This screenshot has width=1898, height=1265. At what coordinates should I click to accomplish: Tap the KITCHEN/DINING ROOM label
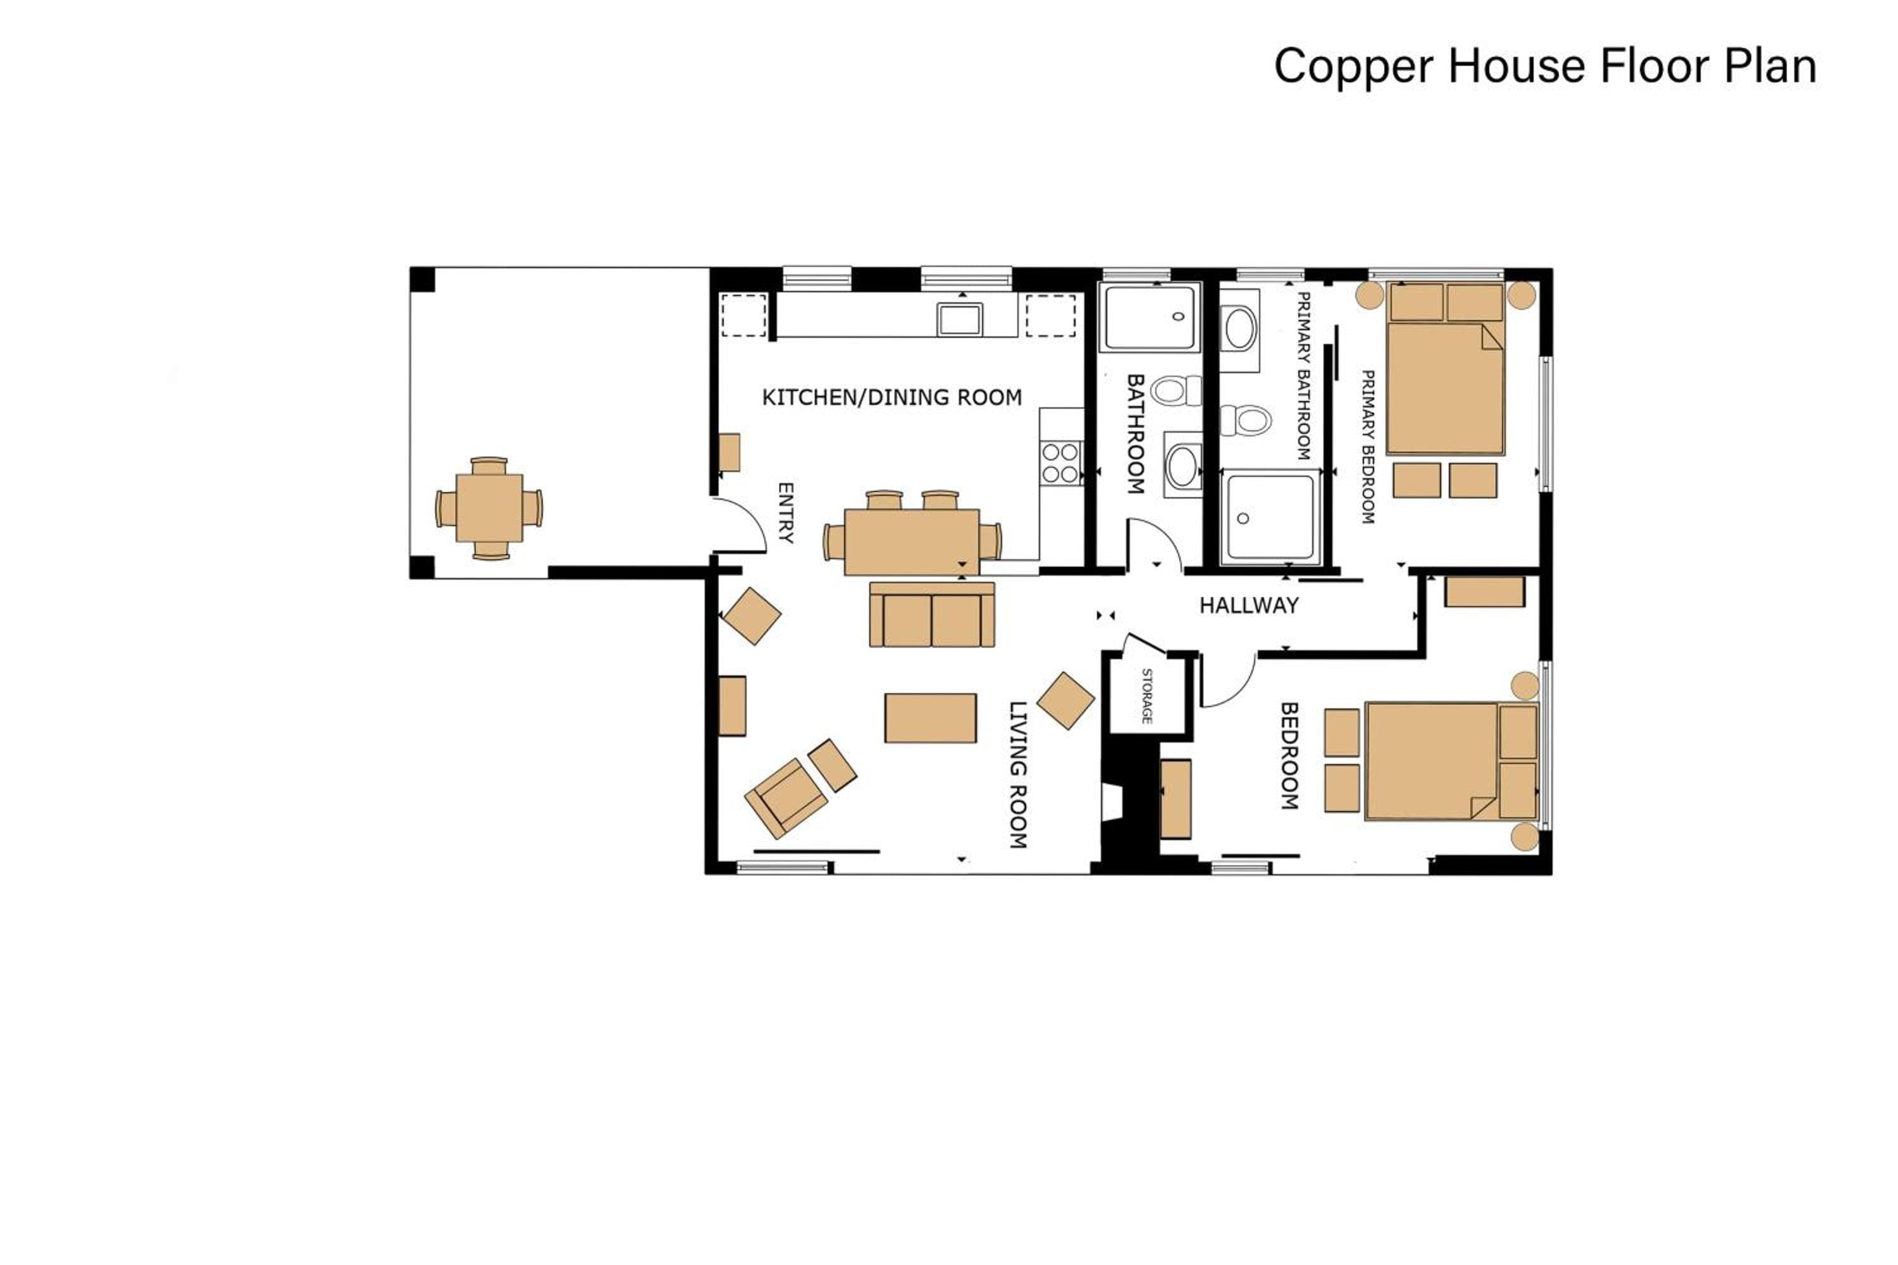[891, 397]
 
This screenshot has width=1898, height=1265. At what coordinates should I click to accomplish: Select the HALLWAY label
[1248, 605]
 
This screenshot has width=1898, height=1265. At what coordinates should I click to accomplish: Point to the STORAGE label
[1146, 695]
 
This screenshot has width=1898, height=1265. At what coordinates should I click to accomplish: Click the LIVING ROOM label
[1019, 774]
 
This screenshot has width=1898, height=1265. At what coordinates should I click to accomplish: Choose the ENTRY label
[785, 513]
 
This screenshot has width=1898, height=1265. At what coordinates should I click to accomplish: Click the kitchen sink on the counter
[960, 319]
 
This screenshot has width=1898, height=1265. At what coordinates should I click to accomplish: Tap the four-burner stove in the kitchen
[1061, 463]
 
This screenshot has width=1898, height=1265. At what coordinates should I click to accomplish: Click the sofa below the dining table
[932, 615]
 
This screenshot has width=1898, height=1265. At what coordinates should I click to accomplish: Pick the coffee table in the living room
[931, 718]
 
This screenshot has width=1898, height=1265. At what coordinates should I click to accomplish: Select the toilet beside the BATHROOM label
[1175, 392]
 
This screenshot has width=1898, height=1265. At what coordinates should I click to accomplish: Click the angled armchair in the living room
[786, 799]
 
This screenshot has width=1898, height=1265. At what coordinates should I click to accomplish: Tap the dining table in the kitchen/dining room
[912, 541]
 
